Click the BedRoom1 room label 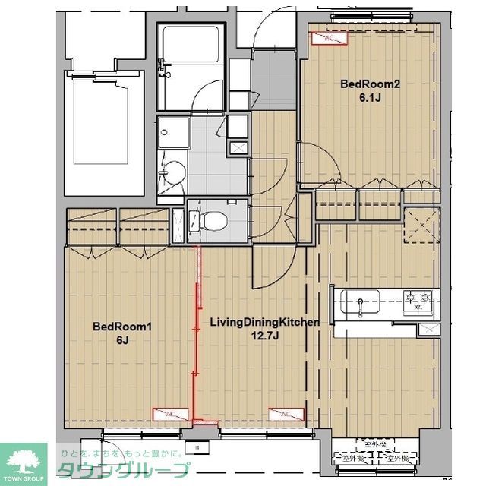[x=123, y=327]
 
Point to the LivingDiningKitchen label [x=264, y=322]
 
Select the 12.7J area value [x=264, y=335]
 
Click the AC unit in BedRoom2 [x=329, y=38]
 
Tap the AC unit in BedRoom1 [x=170, y=414]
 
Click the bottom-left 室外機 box [x=352, y=458]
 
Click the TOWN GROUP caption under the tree [x=23, y=478]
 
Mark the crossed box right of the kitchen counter [x=428, y=329]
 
